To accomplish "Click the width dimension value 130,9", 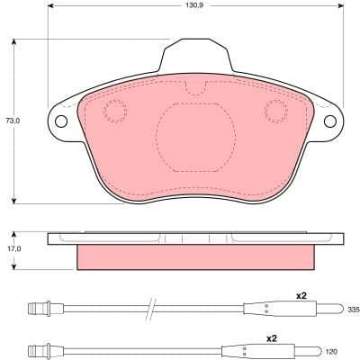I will (184, 6).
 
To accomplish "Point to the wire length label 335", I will (352, 310).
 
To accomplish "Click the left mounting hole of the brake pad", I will (61, 122).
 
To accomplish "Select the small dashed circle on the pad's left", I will (115, 111).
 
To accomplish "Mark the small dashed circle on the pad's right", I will (274, 111).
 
